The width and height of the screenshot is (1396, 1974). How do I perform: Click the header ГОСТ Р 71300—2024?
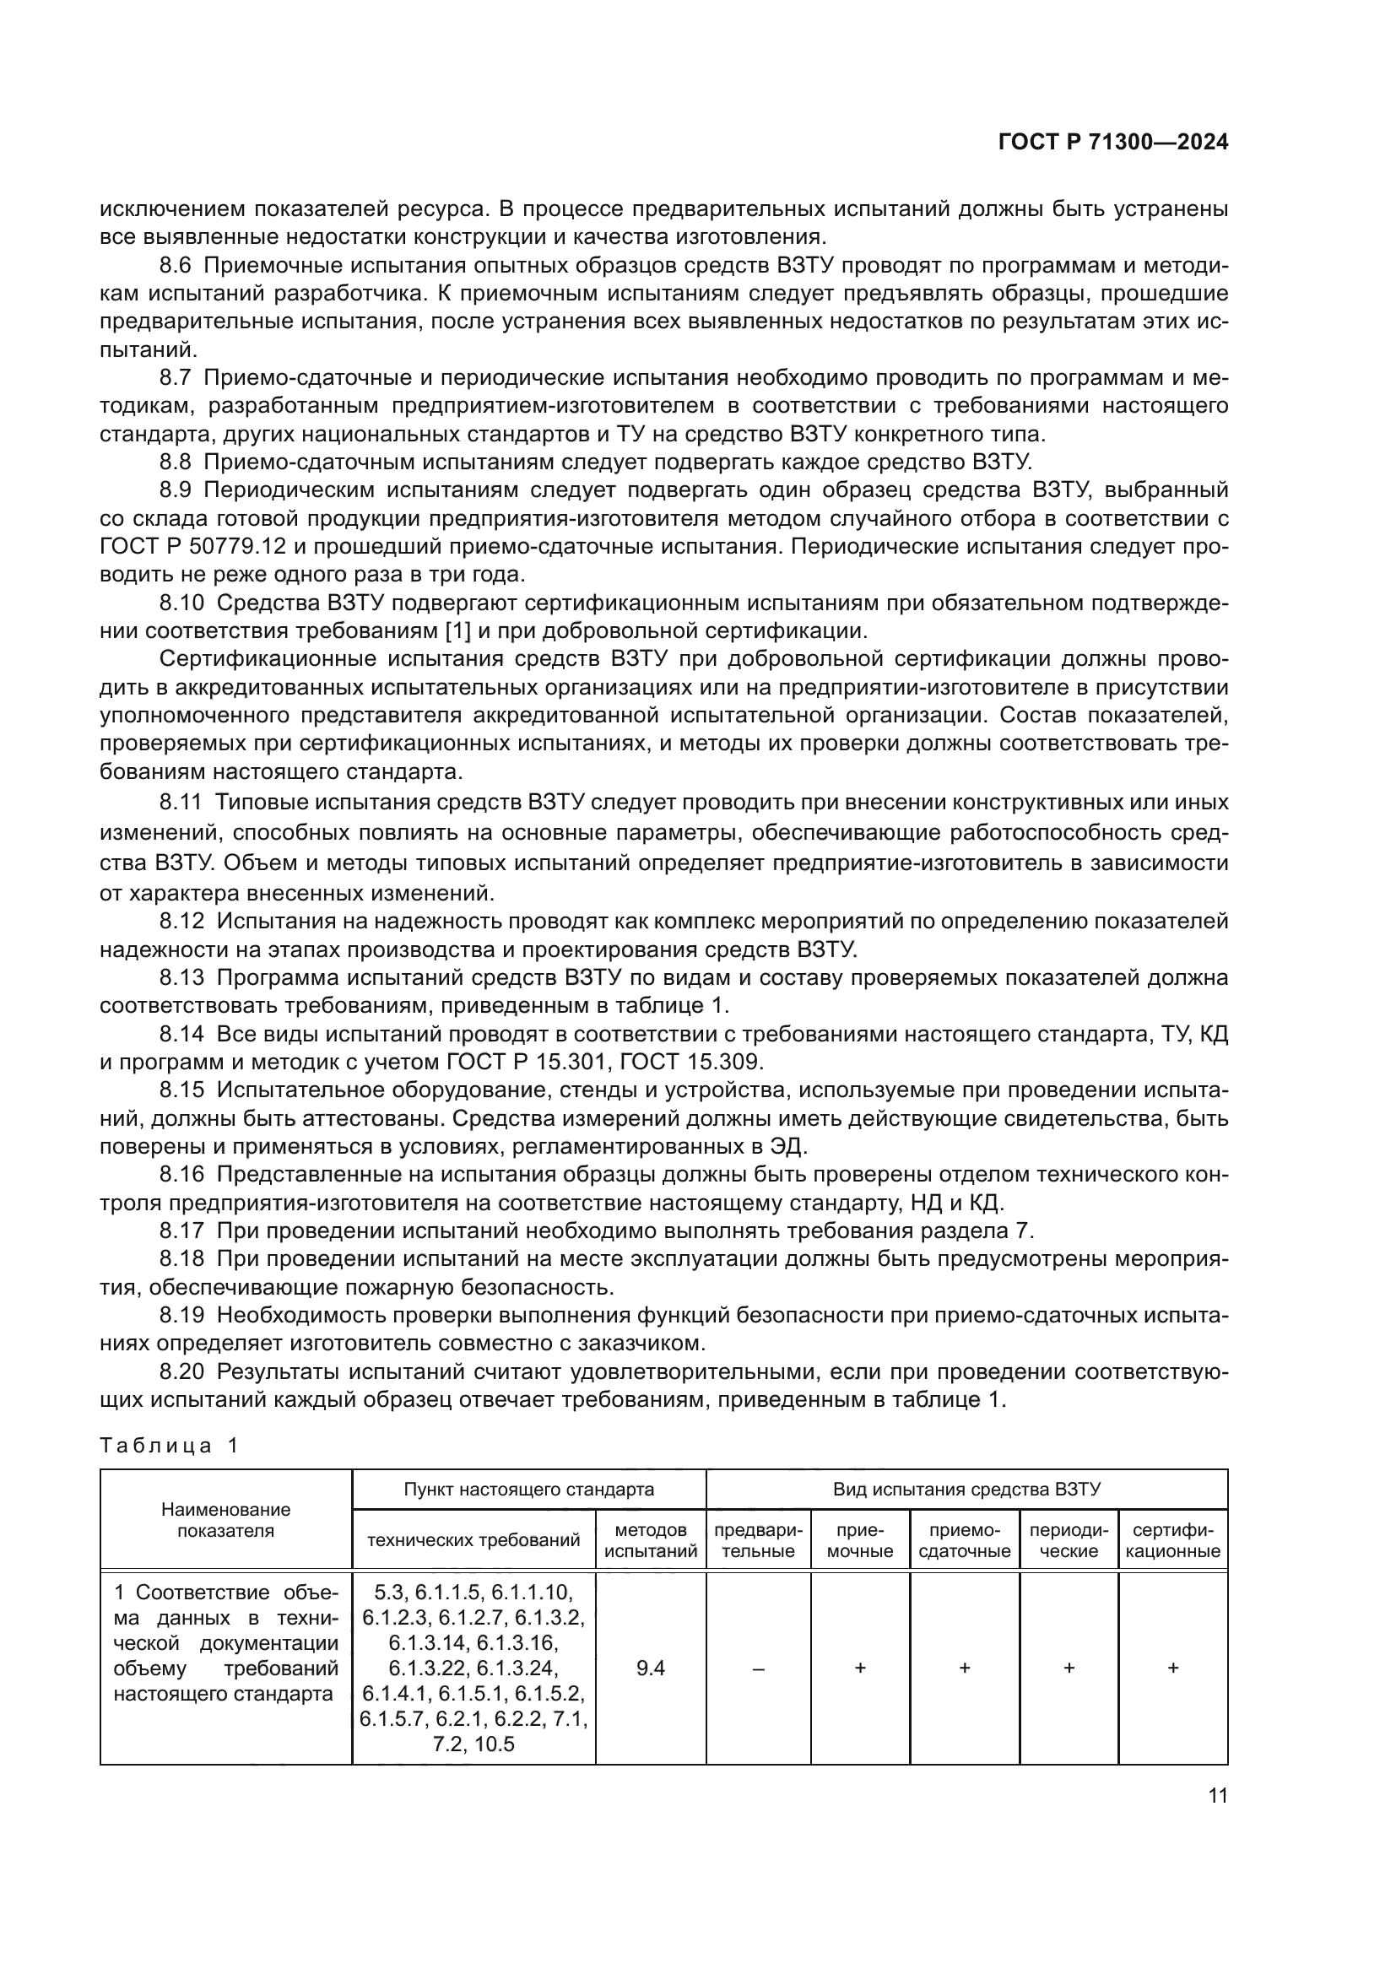pyautogui.click(x=1112, y=143)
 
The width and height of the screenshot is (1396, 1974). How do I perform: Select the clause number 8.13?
pyautogui.click(x=181, y=976)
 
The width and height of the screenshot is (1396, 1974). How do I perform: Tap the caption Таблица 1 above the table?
pyautogui.click(x=169, y=1445)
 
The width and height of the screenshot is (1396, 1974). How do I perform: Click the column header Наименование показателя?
pyautogui.click(x=225, y=1519)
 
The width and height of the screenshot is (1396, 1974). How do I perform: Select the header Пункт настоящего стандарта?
pyautogui.click(x=528, y=1489)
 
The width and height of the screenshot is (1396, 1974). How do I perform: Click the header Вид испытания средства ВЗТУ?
pyautogui.click(x=966, y=1489)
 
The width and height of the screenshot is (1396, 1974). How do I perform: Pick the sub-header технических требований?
pyautogui.click(x=473, y=1540)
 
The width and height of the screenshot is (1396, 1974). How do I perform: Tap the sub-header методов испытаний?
pyautogui.click(x=650, y=1540)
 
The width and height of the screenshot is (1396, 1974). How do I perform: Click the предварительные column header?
pyautogui.click(x=758, y=1540)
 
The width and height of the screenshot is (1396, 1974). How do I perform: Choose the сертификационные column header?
pyautogui.click(x=1172, y=1540)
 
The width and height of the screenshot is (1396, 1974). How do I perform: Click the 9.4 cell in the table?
pyautogui.click(x=650, y=1668)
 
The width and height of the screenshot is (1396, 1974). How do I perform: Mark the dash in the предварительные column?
pyautogui.click(x=758, y=1668)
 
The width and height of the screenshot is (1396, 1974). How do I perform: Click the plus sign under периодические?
pyautogui.click(x=1069, y=1668)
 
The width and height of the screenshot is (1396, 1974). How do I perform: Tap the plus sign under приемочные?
pyautogui.click(x=859, y=1668)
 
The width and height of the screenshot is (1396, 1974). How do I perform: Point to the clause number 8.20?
pyautogui.click(x=181, y=1371)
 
